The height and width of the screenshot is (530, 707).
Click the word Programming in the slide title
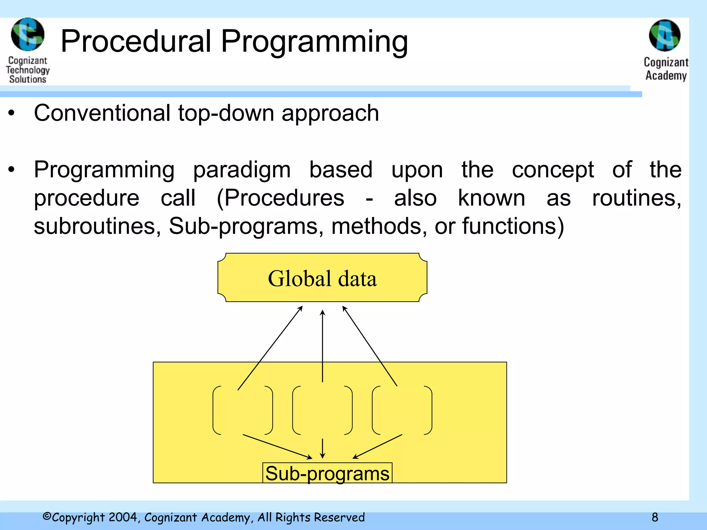pos(314,42)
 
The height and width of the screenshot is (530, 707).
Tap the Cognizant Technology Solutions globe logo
pos(28,35)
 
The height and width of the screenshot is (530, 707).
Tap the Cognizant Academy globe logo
pos(665,36)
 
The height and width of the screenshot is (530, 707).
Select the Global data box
pos(322,278)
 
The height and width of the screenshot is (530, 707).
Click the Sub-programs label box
pos(327,473)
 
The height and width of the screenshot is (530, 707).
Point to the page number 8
pos(655,517)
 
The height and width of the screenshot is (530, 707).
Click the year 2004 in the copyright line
pos(124,517)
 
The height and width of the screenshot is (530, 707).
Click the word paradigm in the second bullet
pos(242,170)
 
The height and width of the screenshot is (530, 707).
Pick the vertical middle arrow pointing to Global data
pos(322,345)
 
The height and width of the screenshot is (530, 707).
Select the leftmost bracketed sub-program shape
pos(243,410)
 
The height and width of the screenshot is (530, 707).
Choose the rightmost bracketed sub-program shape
pos(402,410)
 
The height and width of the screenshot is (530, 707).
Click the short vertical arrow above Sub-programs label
pos(322,448)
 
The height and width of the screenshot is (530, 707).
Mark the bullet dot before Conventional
pos(12,113)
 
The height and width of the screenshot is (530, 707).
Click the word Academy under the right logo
pos(666,76)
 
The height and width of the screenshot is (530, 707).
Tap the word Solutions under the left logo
pos(28,79)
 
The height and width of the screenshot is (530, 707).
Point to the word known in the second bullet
pos(491,198)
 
